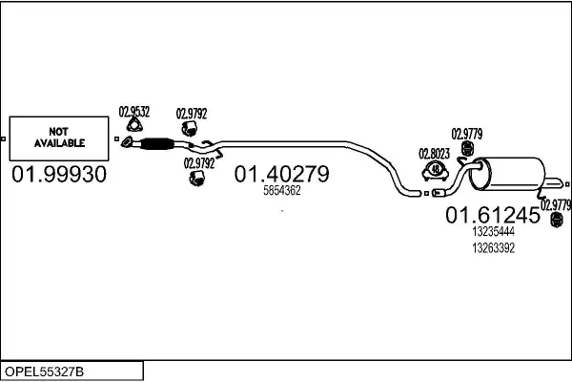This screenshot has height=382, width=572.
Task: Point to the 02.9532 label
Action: point(134,111)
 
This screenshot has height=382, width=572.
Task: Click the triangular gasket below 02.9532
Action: point(135,127)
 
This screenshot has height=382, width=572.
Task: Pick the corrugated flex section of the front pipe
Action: point(154,145)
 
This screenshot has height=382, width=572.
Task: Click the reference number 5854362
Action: point(282,190)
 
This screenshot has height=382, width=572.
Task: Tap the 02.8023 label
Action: point(434,153)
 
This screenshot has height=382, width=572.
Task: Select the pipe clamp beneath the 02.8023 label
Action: point(434,171)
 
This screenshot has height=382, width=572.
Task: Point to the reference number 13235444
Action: point(493,232)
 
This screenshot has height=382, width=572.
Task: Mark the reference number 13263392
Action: point(493,247)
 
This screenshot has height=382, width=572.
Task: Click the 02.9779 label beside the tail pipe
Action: point(555,203)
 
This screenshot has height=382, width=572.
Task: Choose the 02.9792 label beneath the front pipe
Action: point(198,163)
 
